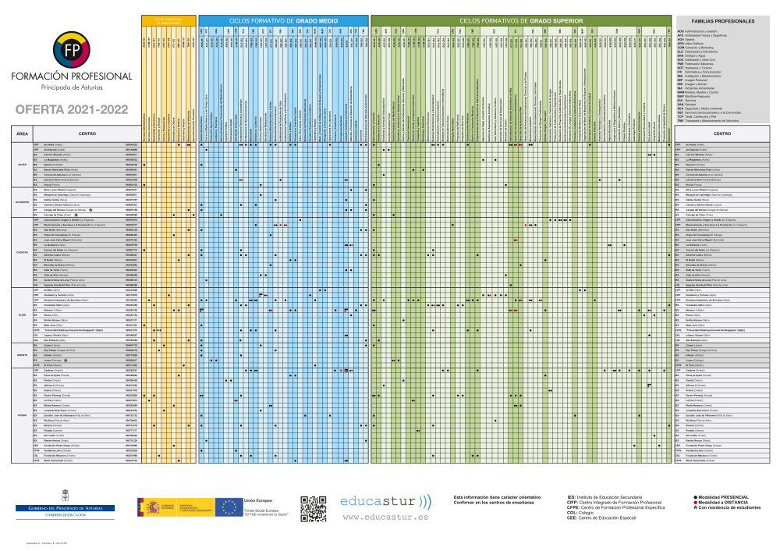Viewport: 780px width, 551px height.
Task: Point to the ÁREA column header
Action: coord(23,134)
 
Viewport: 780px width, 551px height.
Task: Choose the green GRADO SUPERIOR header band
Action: coord(519,20)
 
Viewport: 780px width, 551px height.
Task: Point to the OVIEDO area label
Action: coord(23,415)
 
